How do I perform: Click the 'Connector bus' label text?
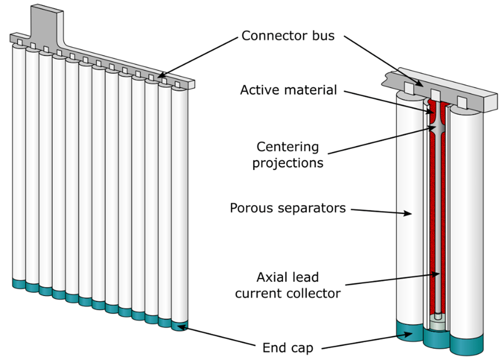tap(288, 36)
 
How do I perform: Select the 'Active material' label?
tap(288, 90)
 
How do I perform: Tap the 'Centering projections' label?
tap(288, 155)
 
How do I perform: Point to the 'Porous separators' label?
tap(288, 208)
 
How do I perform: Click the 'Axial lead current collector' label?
tap(288, 285)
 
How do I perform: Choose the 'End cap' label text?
tap(288, 348)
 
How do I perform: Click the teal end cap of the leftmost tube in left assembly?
tap(19, 283)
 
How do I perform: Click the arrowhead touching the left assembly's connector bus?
tap(162, 76)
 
